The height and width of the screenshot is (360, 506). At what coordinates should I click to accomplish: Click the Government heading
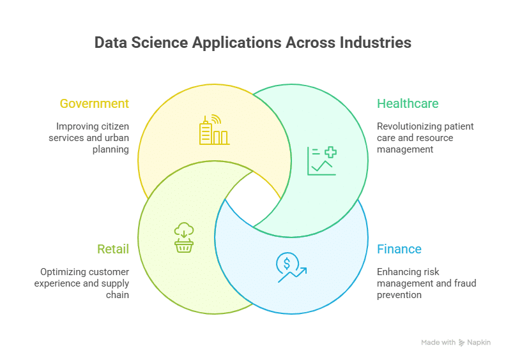tap(94, 103)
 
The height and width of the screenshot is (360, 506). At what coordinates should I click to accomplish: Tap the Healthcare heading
tap(408, 103)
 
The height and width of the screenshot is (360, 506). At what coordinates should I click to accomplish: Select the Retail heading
tap(113, 249)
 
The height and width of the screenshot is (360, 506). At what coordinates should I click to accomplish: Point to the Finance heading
tap(399, 249)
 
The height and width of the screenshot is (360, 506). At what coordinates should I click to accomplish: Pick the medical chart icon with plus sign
tap(321, 161)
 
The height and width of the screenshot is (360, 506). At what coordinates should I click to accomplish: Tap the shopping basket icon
tap(184, 238)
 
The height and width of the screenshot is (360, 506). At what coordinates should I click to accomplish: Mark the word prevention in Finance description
tap(399, 295)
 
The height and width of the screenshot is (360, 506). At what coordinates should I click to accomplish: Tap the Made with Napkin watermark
tap(456, 343)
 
